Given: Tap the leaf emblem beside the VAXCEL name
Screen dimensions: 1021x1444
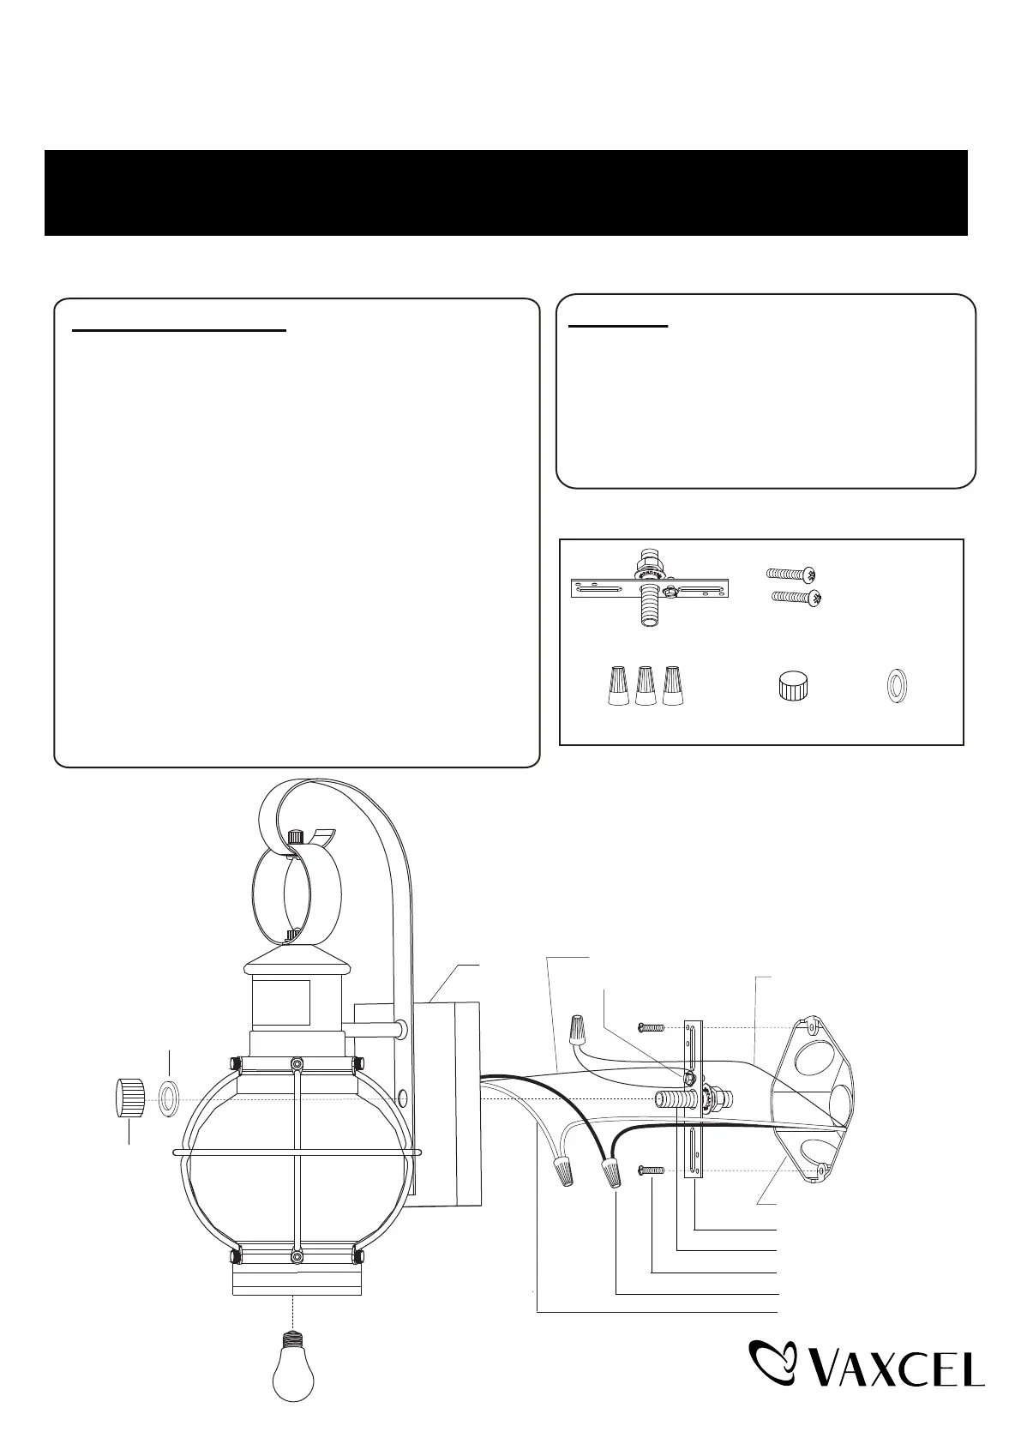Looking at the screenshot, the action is [x=772, y=1365].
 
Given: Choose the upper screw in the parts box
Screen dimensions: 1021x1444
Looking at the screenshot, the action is [x=791, y=573].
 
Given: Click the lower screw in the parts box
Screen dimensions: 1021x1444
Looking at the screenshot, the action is [x=797, y=599].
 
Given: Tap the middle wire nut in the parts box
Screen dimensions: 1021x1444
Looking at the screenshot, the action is [x=646, y=685].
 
